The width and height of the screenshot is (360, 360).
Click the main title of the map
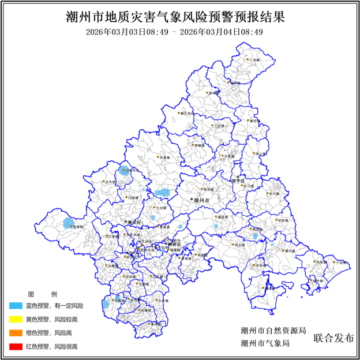tap(180, 16)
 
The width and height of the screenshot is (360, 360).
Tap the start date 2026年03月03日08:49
tap(127, 32)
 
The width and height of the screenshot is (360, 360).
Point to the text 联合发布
tap(333, 337)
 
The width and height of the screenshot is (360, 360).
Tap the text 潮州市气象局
tap(265, 343)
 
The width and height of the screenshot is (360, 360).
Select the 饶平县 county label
tap(239, 181)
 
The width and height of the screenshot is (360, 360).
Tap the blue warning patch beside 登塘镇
tap(69, 223)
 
